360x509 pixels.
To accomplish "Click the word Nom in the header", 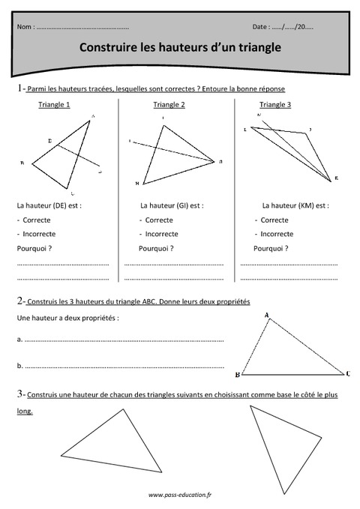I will [23, 27].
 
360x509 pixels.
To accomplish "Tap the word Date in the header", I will [260, 27].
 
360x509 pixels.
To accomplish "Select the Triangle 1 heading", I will [54, 104].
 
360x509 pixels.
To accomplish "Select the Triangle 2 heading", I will [169, 104].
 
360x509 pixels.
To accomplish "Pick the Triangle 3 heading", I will [275, 104].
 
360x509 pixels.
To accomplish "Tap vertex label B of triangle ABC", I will [237, 374].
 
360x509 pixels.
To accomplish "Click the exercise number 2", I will [19, 301].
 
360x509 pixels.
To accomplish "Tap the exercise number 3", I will [19, 394].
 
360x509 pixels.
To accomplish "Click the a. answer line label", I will [19, 340].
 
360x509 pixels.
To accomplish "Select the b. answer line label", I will [19, 366].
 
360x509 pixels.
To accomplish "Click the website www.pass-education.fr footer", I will [180, 495].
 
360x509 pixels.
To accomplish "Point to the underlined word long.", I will [24, 412].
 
